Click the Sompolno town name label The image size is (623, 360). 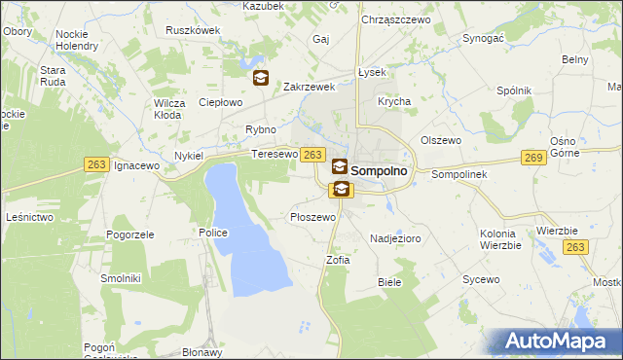coord(385,170)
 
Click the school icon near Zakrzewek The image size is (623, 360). coord(261,78)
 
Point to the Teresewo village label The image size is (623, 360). coord(274,155)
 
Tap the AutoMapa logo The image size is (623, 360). coord(561,342)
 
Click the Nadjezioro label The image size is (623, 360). coord(394,237)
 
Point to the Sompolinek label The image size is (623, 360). coord(452,174)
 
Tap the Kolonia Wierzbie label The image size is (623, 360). coord(503,239)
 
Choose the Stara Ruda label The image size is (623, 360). coord(53,76)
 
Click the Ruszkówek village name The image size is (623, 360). coord(193,30)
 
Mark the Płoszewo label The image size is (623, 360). coord(313,217)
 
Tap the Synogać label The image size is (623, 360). coord(483,38)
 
